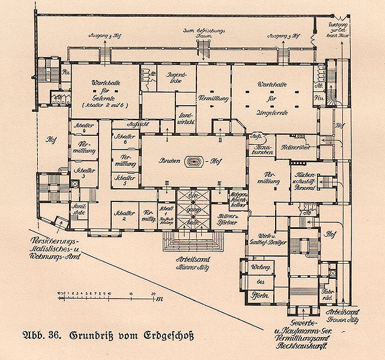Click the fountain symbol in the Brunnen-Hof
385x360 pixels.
(194, 161)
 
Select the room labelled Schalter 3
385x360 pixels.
(80, 172)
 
